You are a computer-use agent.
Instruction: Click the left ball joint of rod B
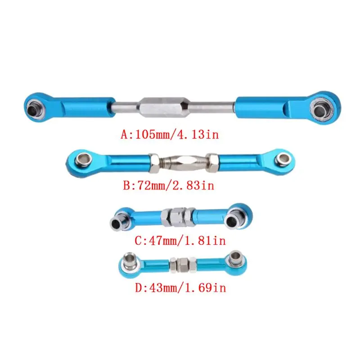82,159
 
